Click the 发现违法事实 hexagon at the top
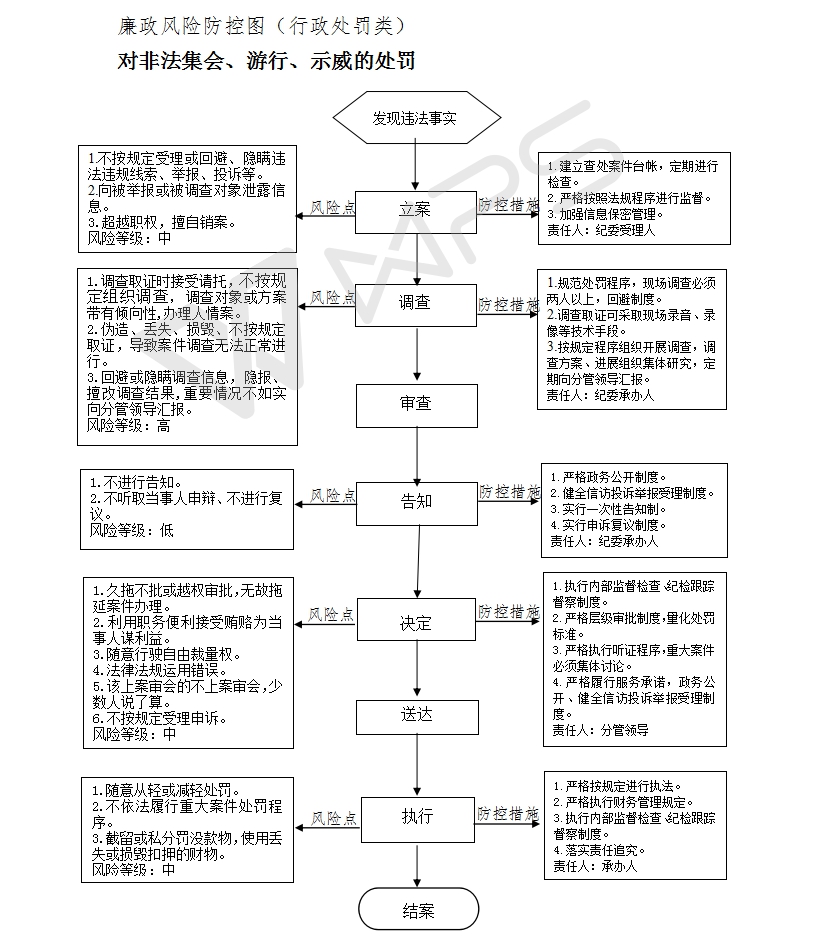pos(416,118)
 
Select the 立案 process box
pos(416,210)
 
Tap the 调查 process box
pos(416,304)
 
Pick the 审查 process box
pos(416,404)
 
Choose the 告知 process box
pos(416,501)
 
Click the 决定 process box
pos(416,623)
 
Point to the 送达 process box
pos(416,716)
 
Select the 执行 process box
pos(416,817)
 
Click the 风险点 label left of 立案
pos(333,207)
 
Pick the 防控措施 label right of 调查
pos(508,303)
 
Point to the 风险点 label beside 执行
pos(333,818)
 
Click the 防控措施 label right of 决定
pos(508,611)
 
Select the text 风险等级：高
pos(129,425)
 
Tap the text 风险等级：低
pos(131,530)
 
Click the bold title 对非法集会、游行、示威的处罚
pos(266,61)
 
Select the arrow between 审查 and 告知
pos(416,453)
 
